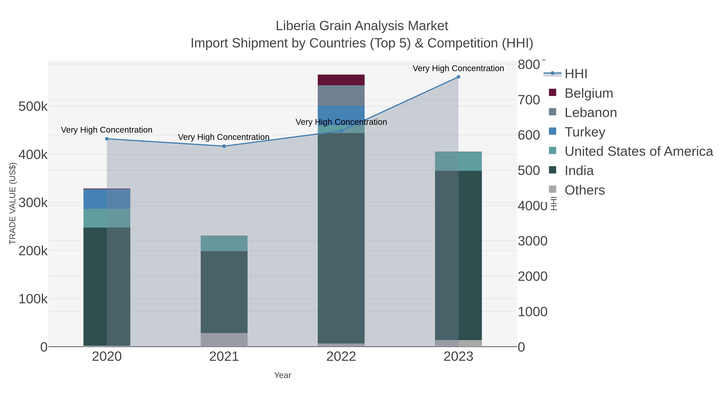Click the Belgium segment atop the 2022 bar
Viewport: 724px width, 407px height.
(341, 80)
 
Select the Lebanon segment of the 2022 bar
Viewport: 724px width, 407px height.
(341, 95)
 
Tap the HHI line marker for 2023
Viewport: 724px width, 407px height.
(458, 77)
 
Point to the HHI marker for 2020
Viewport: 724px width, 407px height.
(107, 139)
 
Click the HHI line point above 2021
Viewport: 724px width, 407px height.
(224, 146)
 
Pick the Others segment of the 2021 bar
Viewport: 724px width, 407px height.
(224, 340)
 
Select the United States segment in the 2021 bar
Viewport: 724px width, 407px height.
(224, 243)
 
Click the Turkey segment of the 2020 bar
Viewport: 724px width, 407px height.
(107, 199)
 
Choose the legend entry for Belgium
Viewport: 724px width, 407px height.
(588, 93)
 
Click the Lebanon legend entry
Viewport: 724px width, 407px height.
(590, 112)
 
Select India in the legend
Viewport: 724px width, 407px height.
(579, 170)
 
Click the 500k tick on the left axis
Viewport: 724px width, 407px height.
(33, 107)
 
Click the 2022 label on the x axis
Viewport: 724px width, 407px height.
(341, 356)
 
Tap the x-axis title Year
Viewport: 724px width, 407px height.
(283, 375)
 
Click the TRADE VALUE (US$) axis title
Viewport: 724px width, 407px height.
(13, 203)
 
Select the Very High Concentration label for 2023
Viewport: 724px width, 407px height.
(458, 68)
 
